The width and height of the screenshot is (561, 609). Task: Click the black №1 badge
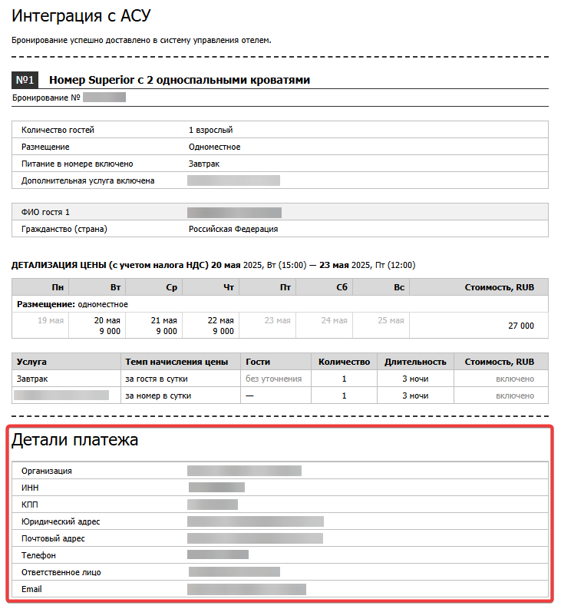[x=25, y=80]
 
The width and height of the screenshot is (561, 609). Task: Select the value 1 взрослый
[x=210, y=130]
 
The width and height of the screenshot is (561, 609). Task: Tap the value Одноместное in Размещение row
[x=214, y=147]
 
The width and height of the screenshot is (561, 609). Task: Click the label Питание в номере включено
[x=77, y=164]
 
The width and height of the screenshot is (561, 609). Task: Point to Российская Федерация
[x=233, y=229]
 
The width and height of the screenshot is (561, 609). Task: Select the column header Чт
[x=228, y=287]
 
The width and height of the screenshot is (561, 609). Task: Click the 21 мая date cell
[x=163, y=320]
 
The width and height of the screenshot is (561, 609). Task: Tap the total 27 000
[x=520, y=326]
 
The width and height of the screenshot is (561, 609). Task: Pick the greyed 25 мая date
[x=391, y=320]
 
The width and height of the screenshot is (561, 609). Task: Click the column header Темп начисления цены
[x=177, y=362]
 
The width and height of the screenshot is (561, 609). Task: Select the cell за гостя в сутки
[x=157, y=379]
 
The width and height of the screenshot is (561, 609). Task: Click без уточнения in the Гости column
[x=273, y=379]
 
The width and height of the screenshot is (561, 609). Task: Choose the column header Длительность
[x=415, y=362]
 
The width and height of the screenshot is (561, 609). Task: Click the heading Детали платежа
[x=74, y=441]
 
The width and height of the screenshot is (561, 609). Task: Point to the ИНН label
[x=31, y=487]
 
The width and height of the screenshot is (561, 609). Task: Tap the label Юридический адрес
[x=61, y=521]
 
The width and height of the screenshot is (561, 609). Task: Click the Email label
[x=31, y=589]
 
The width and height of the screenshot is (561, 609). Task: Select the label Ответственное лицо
[x=61, y=572]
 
